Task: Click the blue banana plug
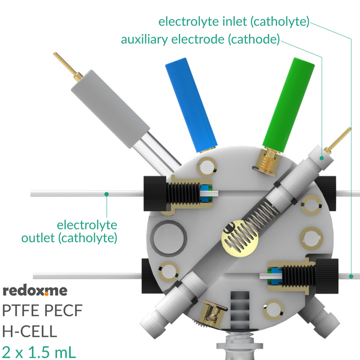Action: pyautogui.click(x=191, y=105)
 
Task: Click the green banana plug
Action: pyautogui.click(x=289, y=104)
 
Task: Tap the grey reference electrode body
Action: pyautogui.click(x=110, y=109)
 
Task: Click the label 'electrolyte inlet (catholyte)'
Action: pyautogui.click(x=234, y=22)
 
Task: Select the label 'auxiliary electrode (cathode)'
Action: pyautogui.click(x=200, y=40)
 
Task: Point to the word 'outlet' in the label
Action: pyautogui.click(x=38, y=238)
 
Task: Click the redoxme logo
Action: pyautogui.click(x=35, y=290)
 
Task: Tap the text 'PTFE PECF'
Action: pyautogui.click(x=42, y=311)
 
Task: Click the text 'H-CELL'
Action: pyautogui.click(x=29, y=331)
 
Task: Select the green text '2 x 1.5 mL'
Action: pyautogui.click(x=38, y=352)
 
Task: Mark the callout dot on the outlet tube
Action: pyautogui.click(x=107, y=194)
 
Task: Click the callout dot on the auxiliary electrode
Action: pyautogui.click(x=322, y=158)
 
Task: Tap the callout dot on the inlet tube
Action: pyautogui.click(x=351, y=277)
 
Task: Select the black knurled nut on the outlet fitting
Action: pyautogui.click(x=155, y=194)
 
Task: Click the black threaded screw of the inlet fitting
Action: pyautogui.click(x=298, y=276)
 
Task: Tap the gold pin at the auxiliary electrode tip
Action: pyautogui.click(x=338, y=140)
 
